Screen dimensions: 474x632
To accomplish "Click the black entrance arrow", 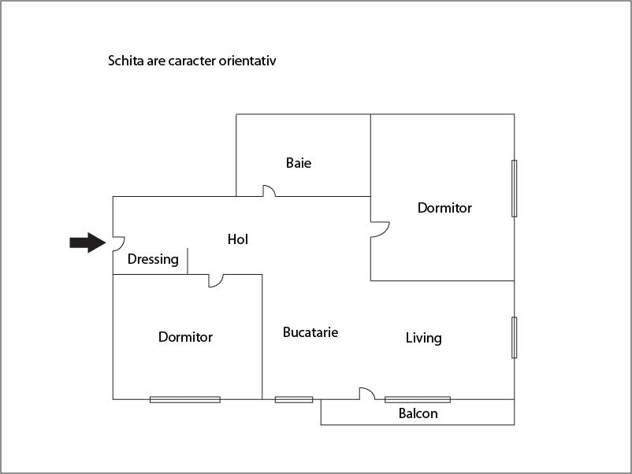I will click(87, 243).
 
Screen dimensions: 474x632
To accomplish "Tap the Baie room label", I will click(299, 163).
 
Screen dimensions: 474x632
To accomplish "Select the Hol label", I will click(237, 239).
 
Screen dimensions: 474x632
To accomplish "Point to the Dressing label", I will click(153, 259).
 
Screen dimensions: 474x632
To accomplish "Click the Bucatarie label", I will click(310, 332).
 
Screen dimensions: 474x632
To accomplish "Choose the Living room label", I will click(423, 338).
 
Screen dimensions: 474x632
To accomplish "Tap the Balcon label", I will click(418, 413).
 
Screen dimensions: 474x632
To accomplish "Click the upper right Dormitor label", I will click(444, 208).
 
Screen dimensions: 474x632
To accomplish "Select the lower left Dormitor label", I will click(185, 337).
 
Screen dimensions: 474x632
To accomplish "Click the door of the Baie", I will click(268, 191).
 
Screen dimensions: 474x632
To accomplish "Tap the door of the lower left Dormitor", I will click(216, 280).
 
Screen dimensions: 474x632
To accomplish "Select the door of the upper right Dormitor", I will click(380, 229).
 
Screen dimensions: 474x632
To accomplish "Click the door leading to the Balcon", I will click(366, 394).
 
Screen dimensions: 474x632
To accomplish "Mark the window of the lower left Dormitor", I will click(185, 399).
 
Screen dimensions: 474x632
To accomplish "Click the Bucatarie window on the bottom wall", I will click(293, 399).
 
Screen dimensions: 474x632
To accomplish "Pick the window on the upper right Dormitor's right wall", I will click(515, 188).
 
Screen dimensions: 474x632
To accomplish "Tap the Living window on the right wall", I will click(515, 337).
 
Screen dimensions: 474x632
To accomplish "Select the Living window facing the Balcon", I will click(418, 399).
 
